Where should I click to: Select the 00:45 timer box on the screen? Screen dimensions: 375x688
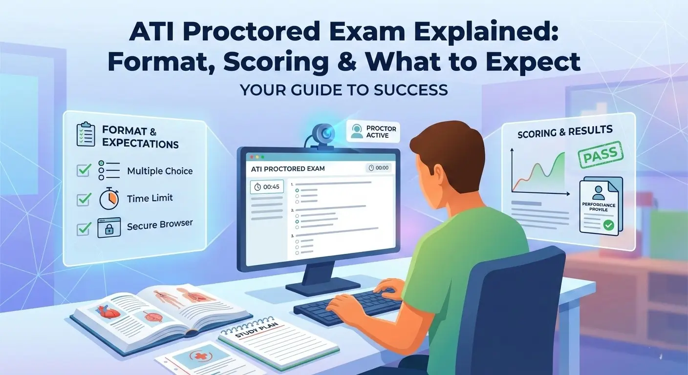(x=266, y=187)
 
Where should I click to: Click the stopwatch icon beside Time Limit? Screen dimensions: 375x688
(x=108, y=199)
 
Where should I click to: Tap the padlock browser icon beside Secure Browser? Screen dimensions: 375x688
(x=108, y=228)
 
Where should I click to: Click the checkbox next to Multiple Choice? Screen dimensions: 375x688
(x=84, y=171)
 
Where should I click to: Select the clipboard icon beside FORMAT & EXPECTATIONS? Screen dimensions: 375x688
(x=86, y=135)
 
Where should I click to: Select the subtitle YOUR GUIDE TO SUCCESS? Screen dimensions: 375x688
(x=344, y=90)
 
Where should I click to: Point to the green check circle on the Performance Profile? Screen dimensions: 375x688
(x=608, y=225)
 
